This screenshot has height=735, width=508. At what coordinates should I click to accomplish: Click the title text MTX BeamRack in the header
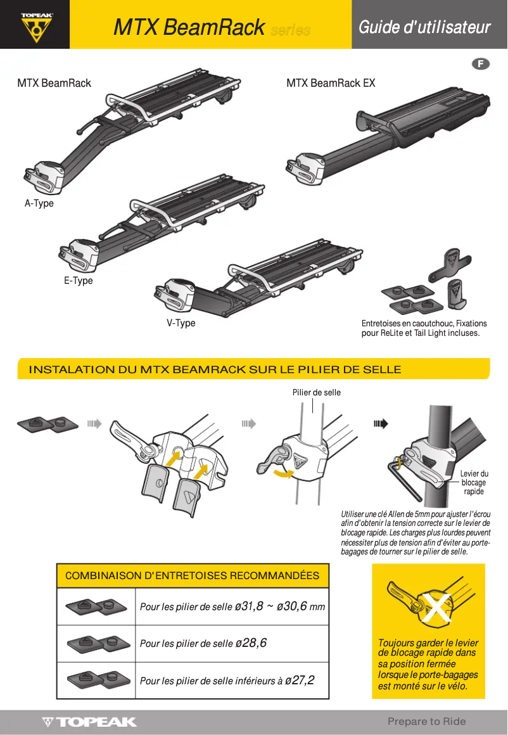(189, 28)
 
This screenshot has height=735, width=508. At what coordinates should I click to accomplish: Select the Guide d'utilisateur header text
(424, 27)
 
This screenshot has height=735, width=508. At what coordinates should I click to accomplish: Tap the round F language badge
(481, 64)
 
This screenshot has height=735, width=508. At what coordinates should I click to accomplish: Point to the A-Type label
(39, 203)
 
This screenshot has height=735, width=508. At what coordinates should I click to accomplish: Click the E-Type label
(78, 281)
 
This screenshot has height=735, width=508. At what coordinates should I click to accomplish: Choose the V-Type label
(181, 323)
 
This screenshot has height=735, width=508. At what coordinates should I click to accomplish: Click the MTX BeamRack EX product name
(331, 83)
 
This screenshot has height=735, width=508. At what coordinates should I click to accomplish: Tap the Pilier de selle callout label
(316, 393)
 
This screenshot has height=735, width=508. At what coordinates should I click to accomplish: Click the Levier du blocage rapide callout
(474, 482)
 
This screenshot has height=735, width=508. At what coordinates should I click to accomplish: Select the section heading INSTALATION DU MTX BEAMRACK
(215, 369)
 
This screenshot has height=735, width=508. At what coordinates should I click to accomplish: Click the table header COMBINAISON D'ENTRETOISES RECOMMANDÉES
(193, 576)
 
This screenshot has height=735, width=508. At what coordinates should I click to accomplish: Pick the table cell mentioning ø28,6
(203, 643)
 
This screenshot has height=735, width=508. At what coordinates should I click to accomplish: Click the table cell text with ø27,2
(227, 681)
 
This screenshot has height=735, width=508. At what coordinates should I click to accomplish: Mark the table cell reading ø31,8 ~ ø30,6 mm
(232, 606)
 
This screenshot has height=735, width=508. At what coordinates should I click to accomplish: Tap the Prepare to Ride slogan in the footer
(426, 721)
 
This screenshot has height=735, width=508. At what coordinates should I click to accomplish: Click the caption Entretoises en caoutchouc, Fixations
(424, 323)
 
